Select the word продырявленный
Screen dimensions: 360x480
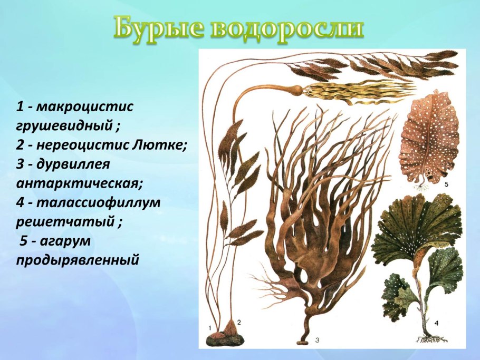[x=78, y=260]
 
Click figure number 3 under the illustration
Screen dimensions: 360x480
[x=317, y=340]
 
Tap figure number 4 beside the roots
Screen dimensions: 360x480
[x=436, y=322]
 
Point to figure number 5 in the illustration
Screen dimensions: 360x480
[x=446, y=184]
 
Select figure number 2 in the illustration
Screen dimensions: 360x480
[x=238, y=321]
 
